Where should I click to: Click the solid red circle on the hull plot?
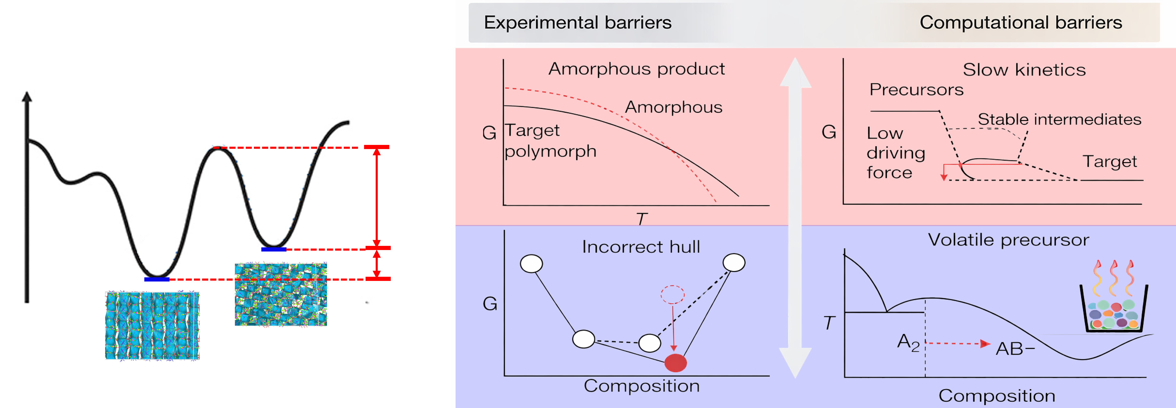coord(675,363)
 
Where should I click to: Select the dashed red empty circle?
coord(672,295)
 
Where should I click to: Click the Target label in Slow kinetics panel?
coord(1110,162)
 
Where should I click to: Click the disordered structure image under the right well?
coord(281,294)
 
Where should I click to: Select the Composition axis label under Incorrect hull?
coord(641,386)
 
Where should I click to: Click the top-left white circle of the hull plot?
coord(531,264)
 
